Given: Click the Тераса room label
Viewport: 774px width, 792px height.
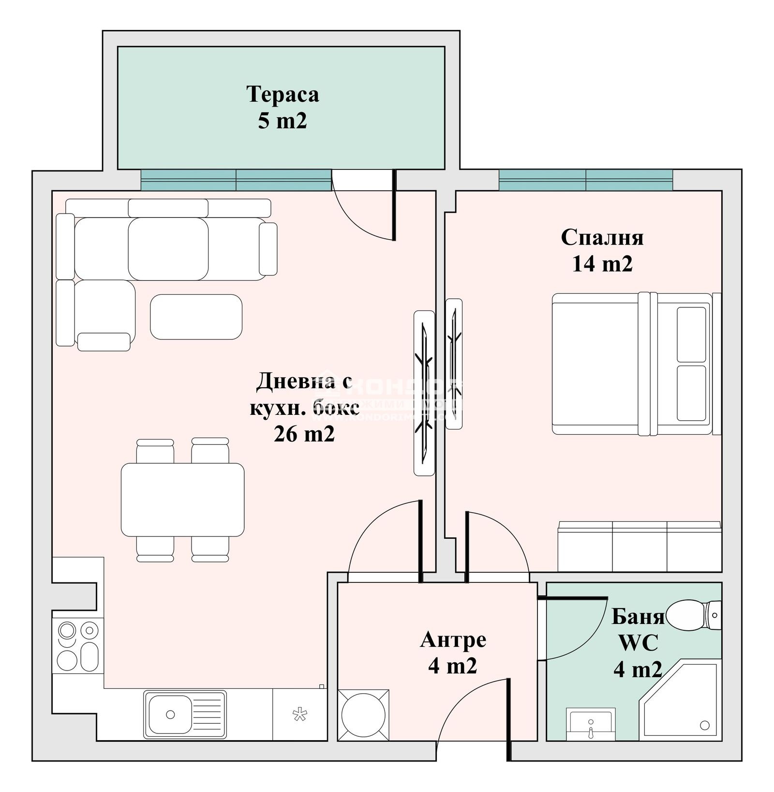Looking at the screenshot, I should (283, 94).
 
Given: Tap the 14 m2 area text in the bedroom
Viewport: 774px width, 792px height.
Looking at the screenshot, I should (602, 264).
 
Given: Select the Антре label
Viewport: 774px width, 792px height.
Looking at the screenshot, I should (453, 640).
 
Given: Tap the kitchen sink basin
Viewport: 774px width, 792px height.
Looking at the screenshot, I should (170, 714).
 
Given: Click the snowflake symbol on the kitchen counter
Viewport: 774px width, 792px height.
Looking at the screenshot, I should (300, 714).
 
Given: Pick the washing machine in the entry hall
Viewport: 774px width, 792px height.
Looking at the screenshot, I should (363, 715).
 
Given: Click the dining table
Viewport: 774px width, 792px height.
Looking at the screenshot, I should (182, 499).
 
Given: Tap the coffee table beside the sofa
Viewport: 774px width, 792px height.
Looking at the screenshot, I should (196, 317).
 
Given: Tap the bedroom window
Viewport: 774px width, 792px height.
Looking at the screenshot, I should (585, 180).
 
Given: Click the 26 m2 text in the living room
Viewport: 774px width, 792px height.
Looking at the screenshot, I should (304, 434).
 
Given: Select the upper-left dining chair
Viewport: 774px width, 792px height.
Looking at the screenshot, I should (155, 451).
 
